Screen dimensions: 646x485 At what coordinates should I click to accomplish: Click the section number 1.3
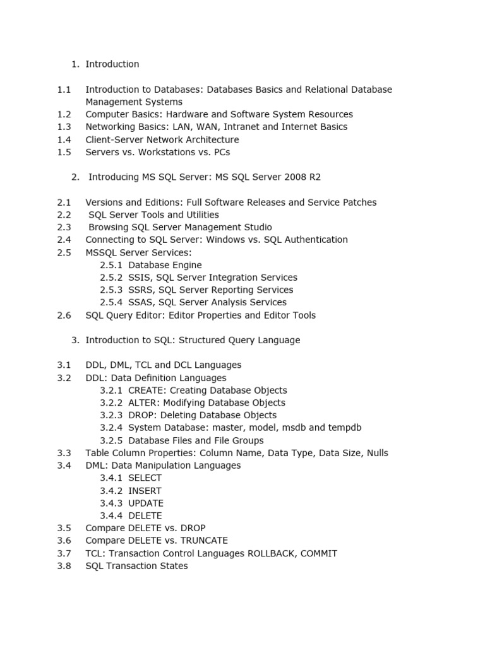64,127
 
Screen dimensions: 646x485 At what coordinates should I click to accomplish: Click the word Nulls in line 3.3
376,453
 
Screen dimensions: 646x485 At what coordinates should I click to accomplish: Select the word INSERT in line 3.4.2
145,491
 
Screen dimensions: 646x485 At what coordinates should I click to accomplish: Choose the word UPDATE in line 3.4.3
146,503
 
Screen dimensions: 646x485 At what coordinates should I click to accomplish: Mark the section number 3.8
64,566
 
